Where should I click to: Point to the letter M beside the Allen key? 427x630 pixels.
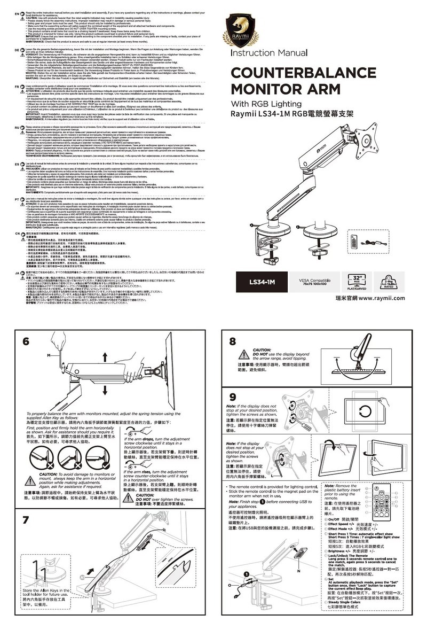(x=49, y=355)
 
